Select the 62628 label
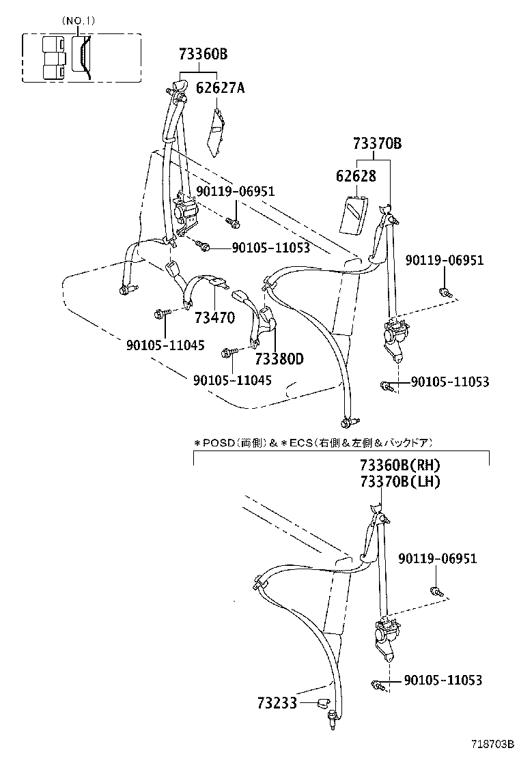[x=356, y=176]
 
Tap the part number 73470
[x=214, y=317]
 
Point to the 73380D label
[x=279, y=359]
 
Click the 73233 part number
[x=277, y=702]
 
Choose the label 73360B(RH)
[x=399, y=466]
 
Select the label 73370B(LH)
[x=399, y=482]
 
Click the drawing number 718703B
[x=491, y=745]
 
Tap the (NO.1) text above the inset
[x=79, y=21]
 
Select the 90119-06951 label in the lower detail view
[x=438, y=559]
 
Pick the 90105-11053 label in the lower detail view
[x=443, y=680]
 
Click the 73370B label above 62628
[x=377, y=144]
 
